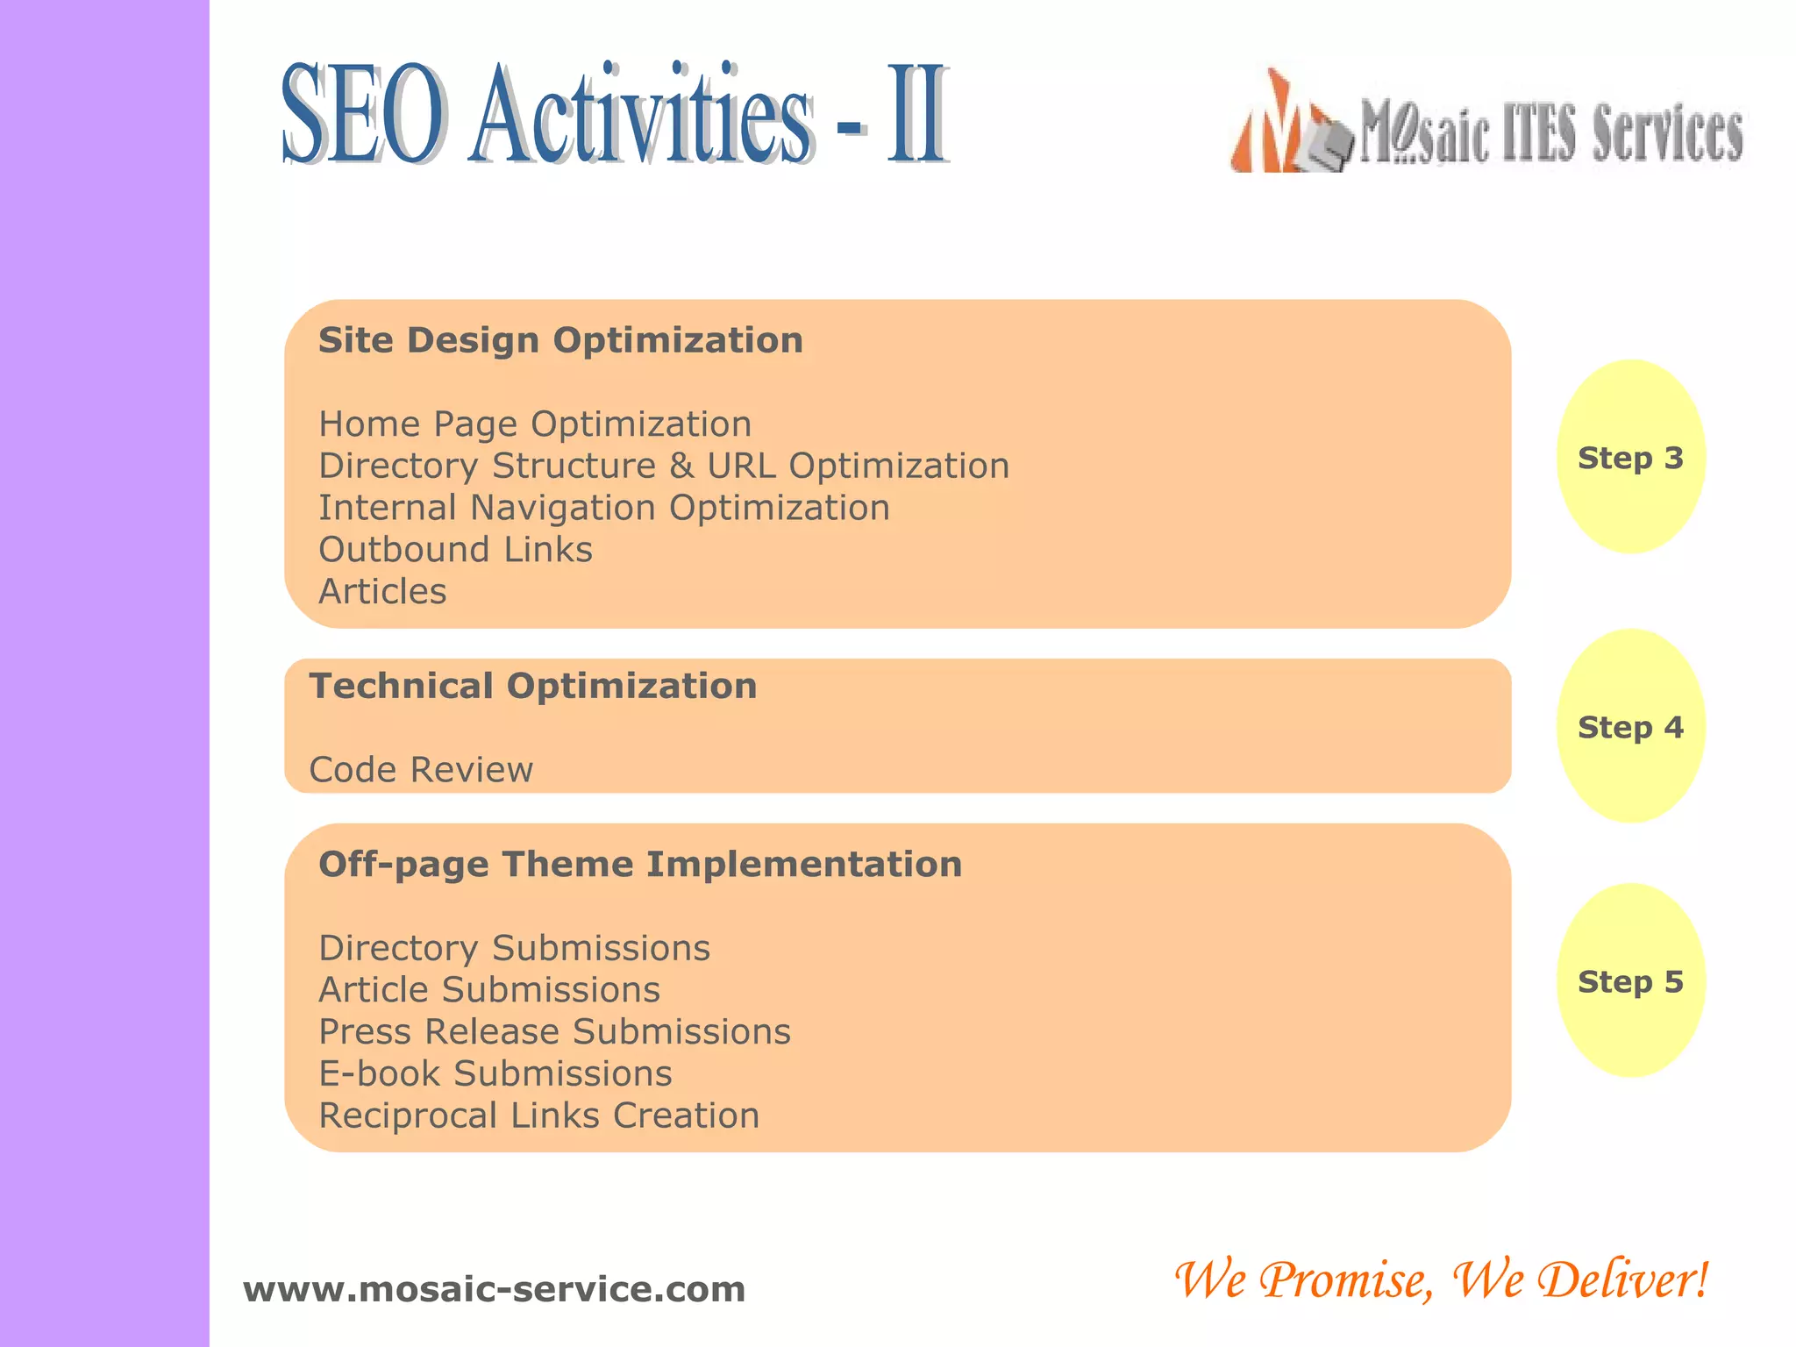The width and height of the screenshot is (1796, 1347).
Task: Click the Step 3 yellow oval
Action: tap(1630, 457)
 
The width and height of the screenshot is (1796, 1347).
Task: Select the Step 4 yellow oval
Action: tap(1630, 726)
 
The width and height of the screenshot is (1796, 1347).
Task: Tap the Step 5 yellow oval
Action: tap(1630, 980)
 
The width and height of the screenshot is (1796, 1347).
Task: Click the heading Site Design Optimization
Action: tap(560, 340)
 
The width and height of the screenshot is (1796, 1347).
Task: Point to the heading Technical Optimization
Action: tap(532, 686)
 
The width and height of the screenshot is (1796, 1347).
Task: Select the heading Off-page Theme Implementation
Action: tap(640, 865)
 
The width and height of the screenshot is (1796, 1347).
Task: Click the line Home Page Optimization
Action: tap(535, 424)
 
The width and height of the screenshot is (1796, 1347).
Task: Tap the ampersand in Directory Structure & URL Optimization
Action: tap(681, 467)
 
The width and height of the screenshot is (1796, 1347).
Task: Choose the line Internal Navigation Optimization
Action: tap(603, 509)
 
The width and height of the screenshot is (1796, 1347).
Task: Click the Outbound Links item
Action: tap(455, 550)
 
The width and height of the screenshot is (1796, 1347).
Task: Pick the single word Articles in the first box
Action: tap(382, 592)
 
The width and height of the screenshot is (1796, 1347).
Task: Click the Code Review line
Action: tap(421, 770)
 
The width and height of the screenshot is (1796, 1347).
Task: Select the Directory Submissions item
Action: tap(514, 948)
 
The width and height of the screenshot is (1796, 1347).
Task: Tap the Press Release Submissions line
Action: tap(554, 1032)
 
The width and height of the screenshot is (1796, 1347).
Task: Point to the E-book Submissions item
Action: tap(495, 1074)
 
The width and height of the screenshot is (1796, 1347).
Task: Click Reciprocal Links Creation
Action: tap(538, 1115)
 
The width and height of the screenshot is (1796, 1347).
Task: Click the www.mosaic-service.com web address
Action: tap(494, 1289)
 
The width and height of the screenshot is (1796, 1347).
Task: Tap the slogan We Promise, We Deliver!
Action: tap(1441, 1279)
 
